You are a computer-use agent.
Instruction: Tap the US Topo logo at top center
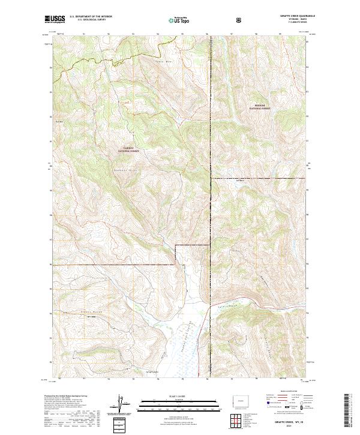tap(179, 20)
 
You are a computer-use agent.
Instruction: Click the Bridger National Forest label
tap(260, 107)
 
